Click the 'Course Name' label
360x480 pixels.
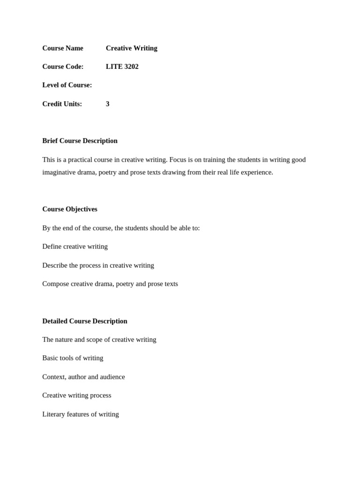coord(62,48)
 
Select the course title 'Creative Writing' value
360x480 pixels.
coord(131,48)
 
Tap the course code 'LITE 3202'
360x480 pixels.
coord(122,67)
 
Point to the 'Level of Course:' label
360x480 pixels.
coord(67,85)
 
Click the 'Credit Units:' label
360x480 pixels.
coord(62,104)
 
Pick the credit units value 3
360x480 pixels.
coord(108,104)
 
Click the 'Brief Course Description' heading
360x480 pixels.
coord(80,141)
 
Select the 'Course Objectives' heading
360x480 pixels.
coord(70,209)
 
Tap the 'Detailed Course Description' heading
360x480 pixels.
coord(85,321)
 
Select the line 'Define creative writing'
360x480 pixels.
coord(75,247)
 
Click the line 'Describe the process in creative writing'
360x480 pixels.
coord(98,265)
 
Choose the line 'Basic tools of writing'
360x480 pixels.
coord(73,358)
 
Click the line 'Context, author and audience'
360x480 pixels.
coord(83,377)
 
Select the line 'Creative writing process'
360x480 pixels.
coord(77,395)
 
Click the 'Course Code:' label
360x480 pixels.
coord(63,67)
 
